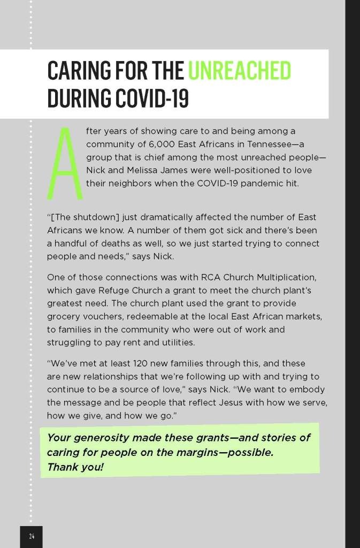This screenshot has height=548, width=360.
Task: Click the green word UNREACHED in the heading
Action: click(240, 71)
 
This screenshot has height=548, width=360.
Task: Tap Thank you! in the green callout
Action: click(75, 467)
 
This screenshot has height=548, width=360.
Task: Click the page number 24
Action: click(32, 536)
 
